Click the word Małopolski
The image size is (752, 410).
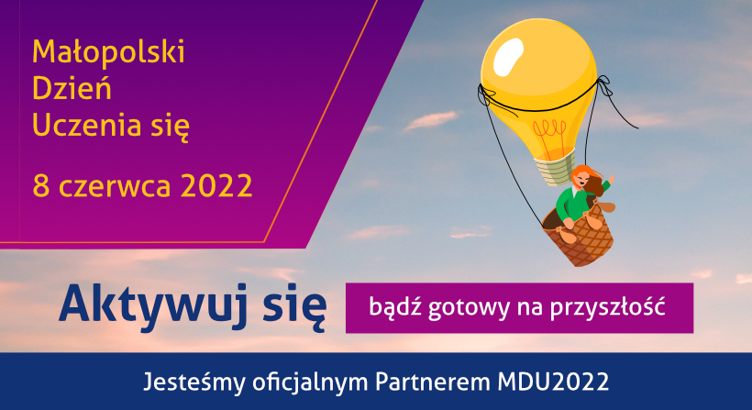coord(108,51)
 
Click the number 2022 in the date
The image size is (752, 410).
coord(216,185)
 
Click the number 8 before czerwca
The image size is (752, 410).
coord(40,185)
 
